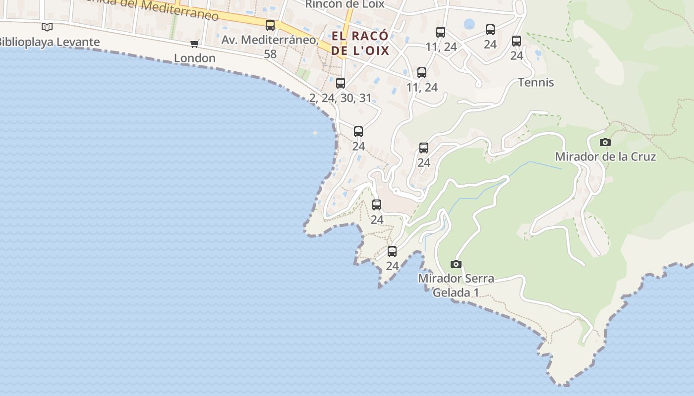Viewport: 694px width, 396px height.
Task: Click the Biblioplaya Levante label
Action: pyautogui.click(x=50, y=42)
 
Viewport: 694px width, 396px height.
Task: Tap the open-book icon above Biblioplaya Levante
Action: pyautogui.click(x=47, y=27)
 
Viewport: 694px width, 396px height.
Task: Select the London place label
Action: pyautogui.click(x=195, y=58)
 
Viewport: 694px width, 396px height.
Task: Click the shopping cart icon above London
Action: pyautogui.click(x=195, y=44)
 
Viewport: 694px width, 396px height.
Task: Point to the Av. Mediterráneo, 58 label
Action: pyautogui.click(x=270, y=46)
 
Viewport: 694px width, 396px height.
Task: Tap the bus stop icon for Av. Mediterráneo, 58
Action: pyautogui.click(x=270, y=25)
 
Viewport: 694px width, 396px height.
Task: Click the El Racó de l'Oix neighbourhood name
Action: pyautogui.click(x=360, y=43)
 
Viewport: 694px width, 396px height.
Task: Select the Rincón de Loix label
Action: pyautogui.click(x=345, y=4)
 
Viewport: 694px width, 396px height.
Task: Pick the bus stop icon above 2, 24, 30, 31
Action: pyautogui.click(x=341, y=83)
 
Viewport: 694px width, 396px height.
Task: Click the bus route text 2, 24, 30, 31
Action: pyautogui.click(x=341, y=98)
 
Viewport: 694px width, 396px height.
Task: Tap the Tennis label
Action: pyautogui.click(x=536, y=82)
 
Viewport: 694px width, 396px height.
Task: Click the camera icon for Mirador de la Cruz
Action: pyautogui.click(x=605, y=143)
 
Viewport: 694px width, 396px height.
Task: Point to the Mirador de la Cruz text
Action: pyautogui.click(x=605, y=157)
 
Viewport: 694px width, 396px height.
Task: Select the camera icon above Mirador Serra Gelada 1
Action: pyautogui.click(x=456, y=264)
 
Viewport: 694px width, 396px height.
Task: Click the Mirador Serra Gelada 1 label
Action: pyautogui.click(x=456, y=285)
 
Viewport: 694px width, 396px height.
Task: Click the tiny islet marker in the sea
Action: pyautogui.click(x=315, y=133)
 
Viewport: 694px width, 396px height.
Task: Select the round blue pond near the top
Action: pyautogui.click(x=469, y=23)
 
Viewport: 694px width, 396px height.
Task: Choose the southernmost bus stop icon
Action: pyautogui.click(x=392, y=251)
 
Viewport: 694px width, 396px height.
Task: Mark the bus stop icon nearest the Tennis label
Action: pyautogui.click(x=517, y=41)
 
